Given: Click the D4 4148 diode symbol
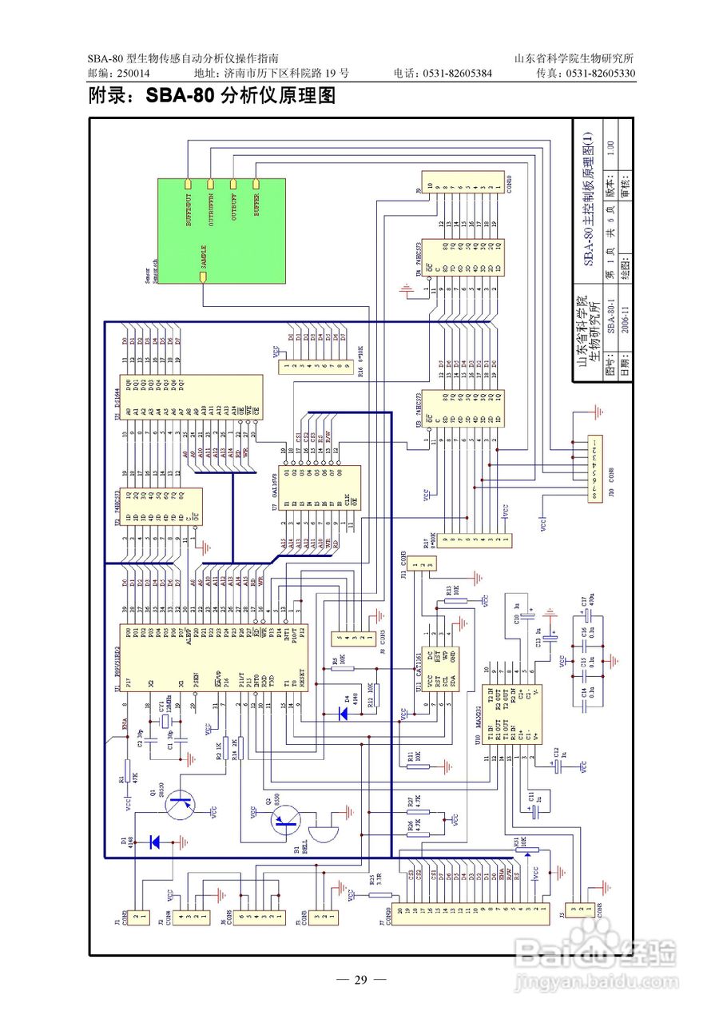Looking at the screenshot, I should point(344,714).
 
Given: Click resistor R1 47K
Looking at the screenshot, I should point(128,774).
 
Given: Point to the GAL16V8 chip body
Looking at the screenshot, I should point(319,492).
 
